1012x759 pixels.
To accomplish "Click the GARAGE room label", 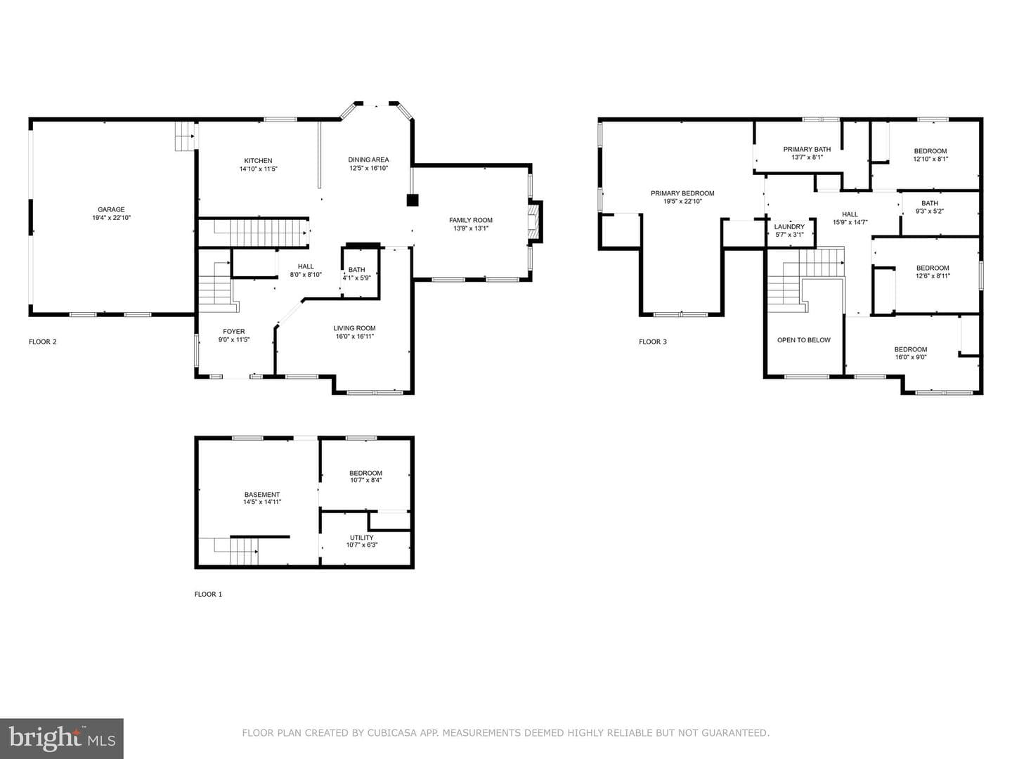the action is (x=111, y=209).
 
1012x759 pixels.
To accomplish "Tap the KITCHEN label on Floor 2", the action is (x=258, y=161).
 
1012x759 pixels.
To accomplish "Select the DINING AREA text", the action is (x=368, y=160).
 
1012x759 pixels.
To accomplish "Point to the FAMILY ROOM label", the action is (x=471, y=220).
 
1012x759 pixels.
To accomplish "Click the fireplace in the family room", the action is (x=535, y=221).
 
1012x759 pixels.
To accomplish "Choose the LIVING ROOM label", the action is (x=354, y=328).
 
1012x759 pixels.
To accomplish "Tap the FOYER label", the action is (x=234, y=331).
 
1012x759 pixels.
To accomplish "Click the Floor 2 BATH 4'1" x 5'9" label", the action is (x=356, y=274).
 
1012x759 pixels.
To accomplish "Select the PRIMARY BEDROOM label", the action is (x=682, y=193).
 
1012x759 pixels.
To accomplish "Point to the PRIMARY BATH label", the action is (x=807, y=149).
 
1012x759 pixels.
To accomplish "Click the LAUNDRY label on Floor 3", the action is (x=789, y=227).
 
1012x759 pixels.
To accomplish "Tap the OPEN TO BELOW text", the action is (x=803, y=340).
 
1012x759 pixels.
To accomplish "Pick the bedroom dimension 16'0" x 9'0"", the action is (x=911, y=357).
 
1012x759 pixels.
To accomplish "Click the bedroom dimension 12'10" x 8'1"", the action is (x=930, y=159).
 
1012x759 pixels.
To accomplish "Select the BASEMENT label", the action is (x=262, y=495).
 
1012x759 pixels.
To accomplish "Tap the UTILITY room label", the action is (x=361, y=538).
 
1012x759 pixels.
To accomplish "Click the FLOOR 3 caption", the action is (x=652, y=342).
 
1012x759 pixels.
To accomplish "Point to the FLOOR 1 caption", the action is (x=208, y=594).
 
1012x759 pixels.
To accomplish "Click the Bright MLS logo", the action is (x=62, y=739).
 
